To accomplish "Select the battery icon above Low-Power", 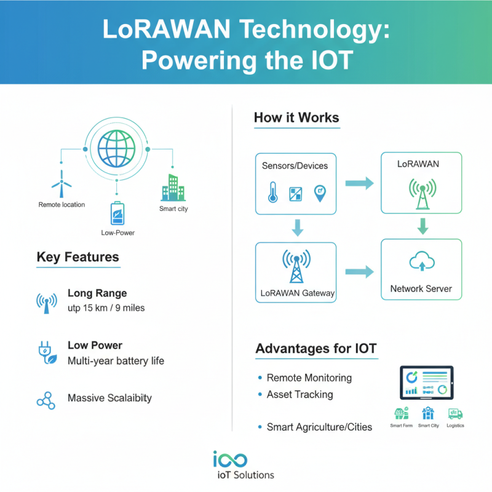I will pos(116,213).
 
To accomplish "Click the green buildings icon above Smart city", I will pos(172,186).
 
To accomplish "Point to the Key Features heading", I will pos(77,257).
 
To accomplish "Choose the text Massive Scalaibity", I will pos(109,398).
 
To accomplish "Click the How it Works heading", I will pos(296,117).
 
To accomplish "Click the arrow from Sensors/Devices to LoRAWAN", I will pos(359,183).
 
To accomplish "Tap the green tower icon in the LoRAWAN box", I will pos(421,192).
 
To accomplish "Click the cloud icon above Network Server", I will pos(421,263).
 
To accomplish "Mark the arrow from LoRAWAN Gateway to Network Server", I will pos(359,271).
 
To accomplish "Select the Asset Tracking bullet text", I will pos(300,394).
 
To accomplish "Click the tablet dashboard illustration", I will pos(426,383).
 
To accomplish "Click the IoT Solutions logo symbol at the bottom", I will pos(230,459).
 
